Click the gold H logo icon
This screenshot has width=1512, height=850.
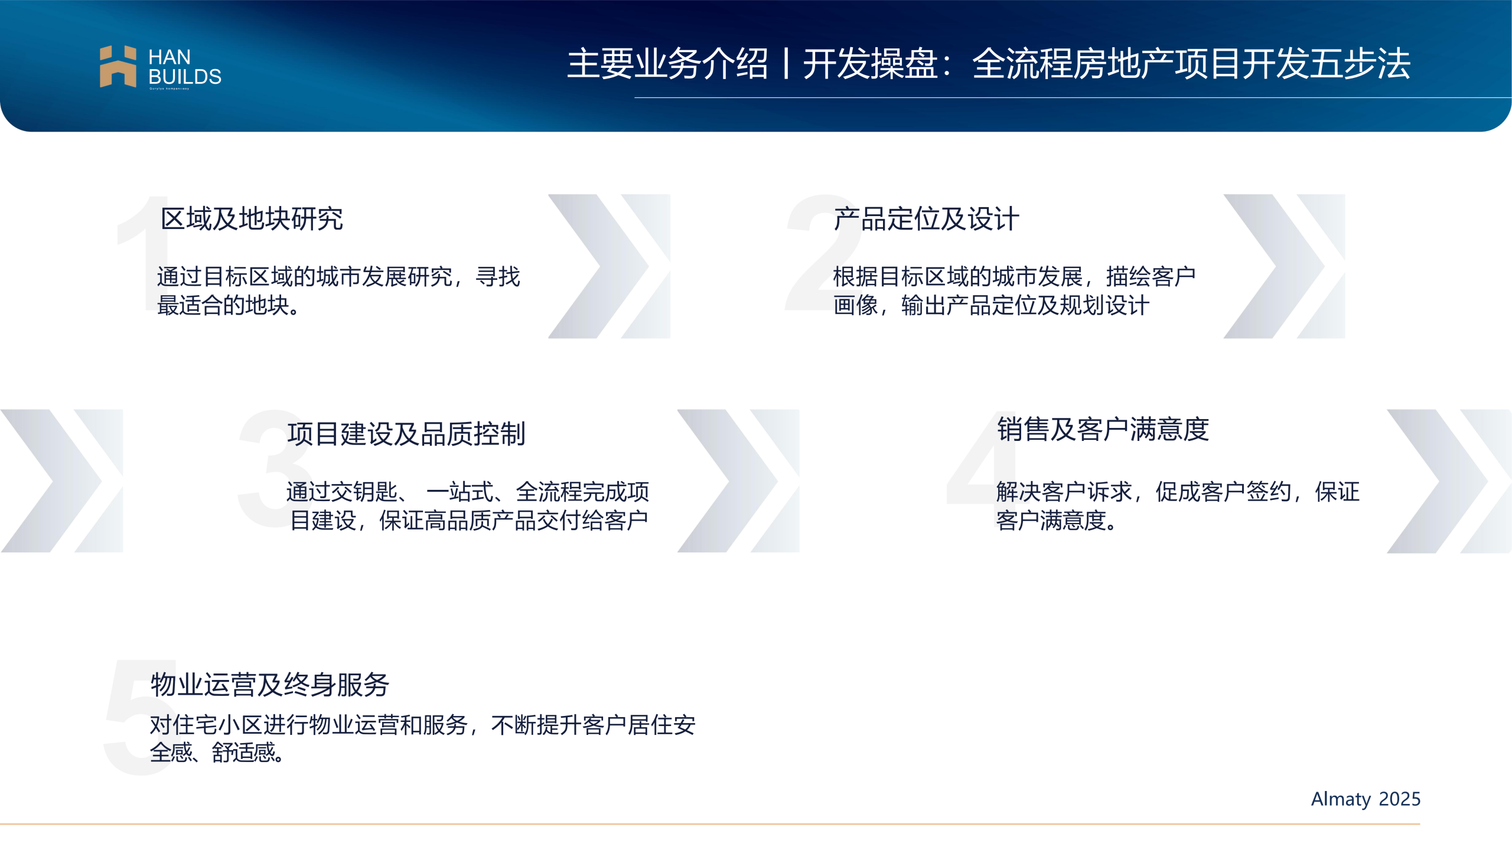(118, 66)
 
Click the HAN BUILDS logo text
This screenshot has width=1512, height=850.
(185, 67)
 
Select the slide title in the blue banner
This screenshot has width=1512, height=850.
(989, 63)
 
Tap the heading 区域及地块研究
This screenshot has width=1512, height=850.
(252, 219)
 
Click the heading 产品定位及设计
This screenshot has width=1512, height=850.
(926, 219)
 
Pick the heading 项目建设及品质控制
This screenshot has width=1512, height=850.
(406, 434)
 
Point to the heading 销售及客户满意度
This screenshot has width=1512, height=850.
(1103, 429)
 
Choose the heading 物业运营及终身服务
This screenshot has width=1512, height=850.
(270, 685)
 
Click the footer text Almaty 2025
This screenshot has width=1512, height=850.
(1366, 799)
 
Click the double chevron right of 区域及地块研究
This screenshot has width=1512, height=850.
(609, 266)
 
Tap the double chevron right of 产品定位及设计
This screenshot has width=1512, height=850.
(1284, 266)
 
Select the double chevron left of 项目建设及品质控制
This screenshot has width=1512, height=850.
(61, 481)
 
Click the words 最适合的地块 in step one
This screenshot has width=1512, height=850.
(223, 305)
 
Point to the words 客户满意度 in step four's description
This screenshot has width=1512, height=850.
(1051, 520)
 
